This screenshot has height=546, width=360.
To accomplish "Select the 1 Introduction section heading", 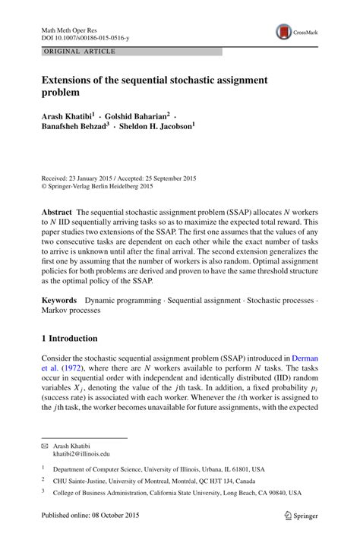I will tap(69, 338).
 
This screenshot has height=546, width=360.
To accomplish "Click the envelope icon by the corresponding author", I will tap(45, 445).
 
